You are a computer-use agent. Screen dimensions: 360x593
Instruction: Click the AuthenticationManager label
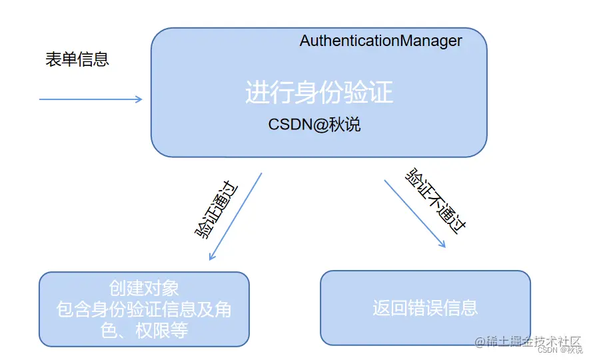(380, 41)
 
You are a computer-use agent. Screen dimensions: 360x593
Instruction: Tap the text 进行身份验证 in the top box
(319, 93)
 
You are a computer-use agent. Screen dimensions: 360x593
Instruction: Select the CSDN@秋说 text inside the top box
(314, 125)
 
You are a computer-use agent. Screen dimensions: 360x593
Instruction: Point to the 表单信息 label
(77, 59)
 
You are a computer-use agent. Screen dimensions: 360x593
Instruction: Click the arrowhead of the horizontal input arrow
(139, 99)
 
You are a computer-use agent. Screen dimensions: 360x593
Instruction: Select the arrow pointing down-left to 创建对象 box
(235, 217)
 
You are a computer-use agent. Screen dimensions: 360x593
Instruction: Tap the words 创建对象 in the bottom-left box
(144, 288)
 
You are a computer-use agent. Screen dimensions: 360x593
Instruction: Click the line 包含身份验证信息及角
(144, 309)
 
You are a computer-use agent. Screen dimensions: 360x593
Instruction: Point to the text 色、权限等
(144, 330)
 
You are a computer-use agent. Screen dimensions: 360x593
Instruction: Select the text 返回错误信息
(425, 308)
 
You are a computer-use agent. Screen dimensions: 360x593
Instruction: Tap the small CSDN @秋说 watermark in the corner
(560, 350)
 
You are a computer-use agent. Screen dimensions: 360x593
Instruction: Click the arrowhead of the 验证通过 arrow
(212, 257)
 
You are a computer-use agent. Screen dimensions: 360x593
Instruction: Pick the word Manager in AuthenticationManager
(430, 41)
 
